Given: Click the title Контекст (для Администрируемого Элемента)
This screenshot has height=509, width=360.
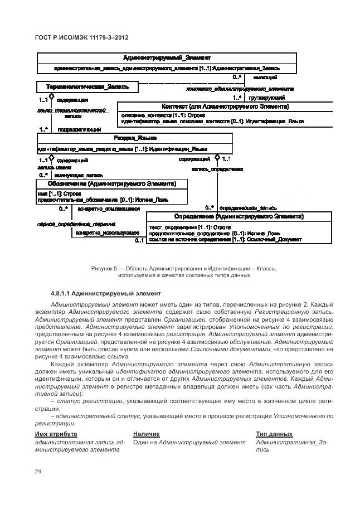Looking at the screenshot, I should [x=225, y=106].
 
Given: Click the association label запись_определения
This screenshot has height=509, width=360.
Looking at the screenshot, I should [x=217, y=169].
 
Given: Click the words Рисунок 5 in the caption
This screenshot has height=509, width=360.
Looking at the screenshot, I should [x=104, y=268].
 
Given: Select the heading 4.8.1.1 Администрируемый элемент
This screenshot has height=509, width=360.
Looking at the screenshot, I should [x=106, y=293].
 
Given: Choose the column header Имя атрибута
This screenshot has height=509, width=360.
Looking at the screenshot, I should [x=56, y=434].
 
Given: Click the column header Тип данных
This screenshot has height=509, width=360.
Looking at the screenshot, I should [x=274, y=434].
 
